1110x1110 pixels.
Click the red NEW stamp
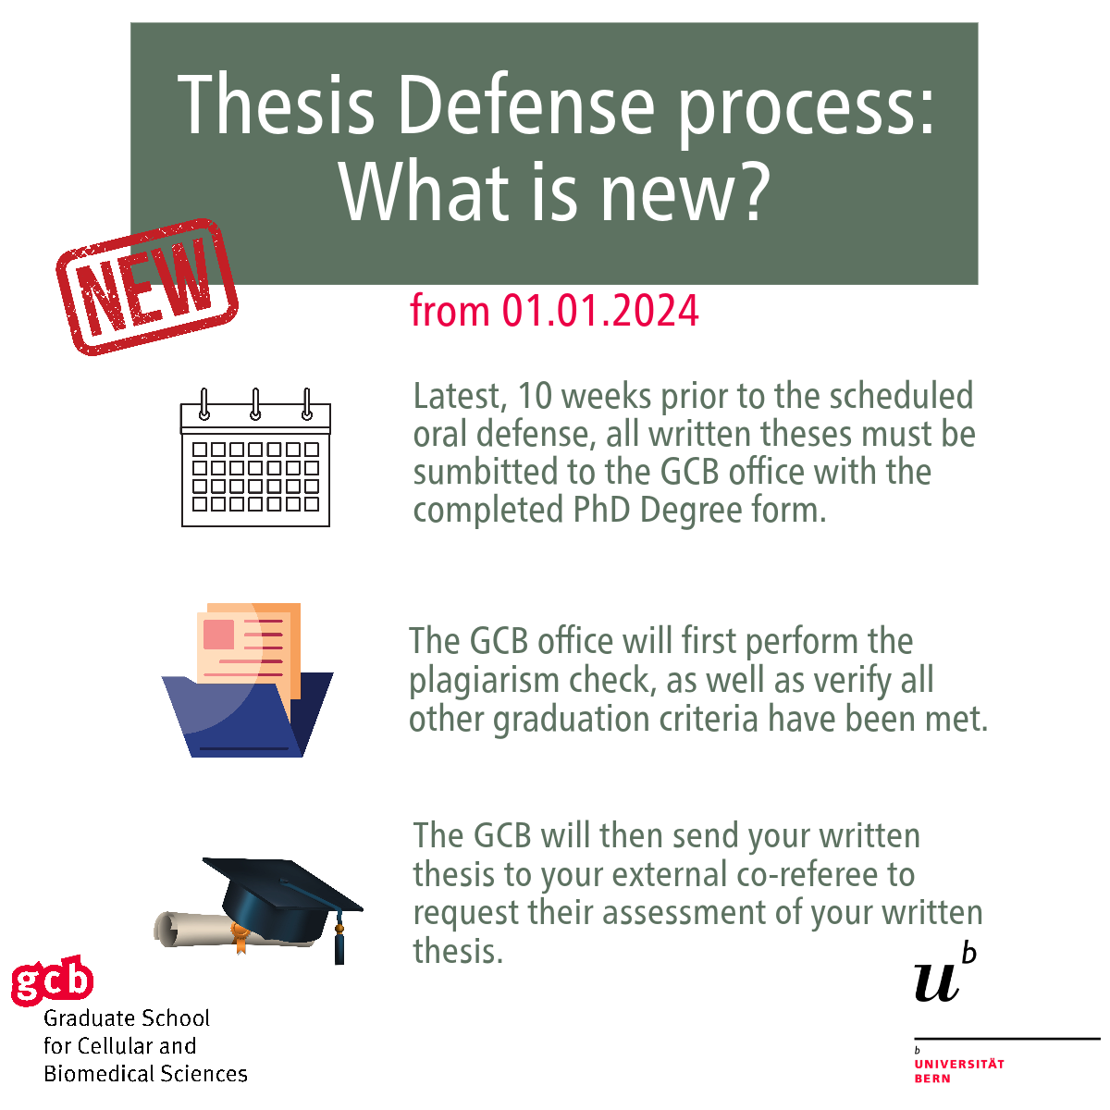coord(147,287)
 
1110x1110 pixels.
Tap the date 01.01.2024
coord(599,311)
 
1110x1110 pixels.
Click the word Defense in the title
coord(526,105)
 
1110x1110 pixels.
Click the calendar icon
coord(255,457)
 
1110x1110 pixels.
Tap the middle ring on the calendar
coord(255,403)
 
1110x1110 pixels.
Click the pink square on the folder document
coord(219,635)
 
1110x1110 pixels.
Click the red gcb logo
coord(52,980)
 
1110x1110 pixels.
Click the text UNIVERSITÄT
coord(959,1064)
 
